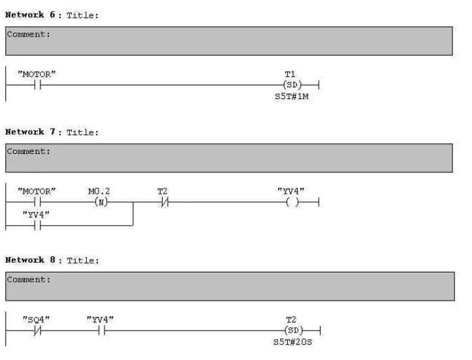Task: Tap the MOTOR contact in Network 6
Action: coord(37,85)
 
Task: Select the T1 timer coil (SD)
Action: coord(291,85)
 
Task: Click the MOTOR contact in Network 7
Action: coord(37,202)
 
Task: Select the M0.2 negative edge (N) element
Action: coord(101,202)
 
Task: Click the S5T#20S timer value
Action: coord(291,342)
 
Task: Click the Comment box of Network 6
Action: coord(228,40)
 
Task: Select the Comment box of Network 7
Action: coord(228,158)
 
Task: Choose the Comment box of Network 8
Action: coord(228,286)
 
